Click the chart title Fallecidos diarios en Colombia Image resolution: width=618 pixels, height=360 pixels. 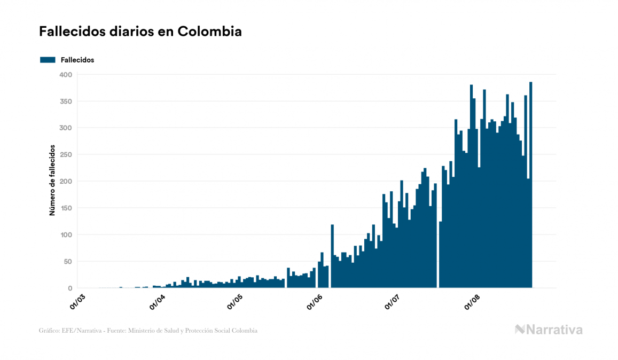click(x=140, y=32)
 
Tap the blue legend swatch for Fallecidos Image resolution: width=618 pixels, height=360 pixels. click(x=48, y=60)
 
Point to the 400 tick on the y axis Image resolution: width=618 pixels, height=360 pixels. click(x=65, y=75)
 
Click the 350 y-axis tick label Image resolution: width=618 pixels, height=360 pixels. click(x=65, y=101)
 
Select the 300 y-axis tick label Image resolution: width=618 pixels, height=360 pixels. click(x=65, y=128)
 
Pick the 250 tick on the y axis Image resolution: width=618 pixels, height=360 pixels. click(x=65, y=155)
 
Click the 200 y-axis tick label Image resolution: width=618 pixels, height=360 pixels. click(x=65, y=182)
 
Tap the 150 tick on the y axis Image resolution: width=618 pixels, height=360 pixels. click(x=65, y=208)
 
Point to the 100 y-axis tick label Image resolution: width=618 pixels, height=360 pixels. click(x=65, y=235)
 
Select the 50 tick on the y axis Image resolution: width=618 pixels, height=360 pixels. click(x=67, y=262)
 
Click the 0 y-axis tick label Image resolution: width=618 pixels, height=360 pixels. click(x=69, y=288)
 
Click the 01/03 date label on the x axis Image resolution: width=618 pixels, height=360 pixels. click(x=78, y=302)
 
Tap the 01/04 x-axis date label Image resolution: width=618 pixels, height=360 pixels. click(x=157, y=302)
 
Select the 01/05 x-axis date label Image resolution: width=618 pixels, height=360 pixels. click(x=235, y=302)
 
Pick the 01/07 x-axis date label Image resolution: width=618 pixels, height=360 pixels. click(x=392, y=302)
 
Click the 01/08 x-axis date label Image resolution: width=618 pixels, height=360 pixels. click(x=473, y=302)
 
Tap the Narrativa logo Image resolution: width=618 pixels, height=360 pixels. click(x=549, y=330)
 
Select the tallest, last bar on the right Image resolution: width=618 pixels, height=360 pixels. click(x=531, y=185)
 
